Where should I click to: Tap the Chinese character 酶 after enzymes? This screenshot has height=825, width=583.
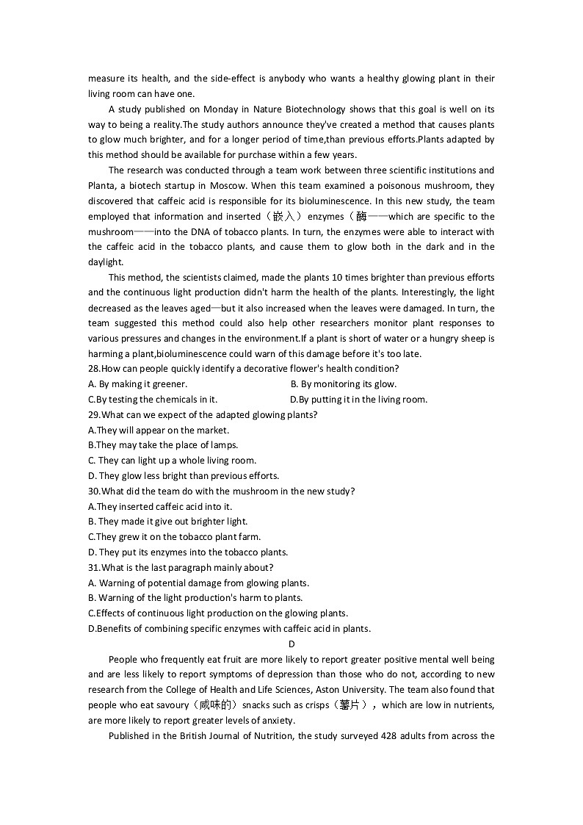[x=361, y=217]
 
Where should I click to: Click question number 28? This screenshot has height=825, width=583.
[x=93, y=369]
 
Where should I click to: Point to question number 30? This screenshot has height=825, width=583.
[x=93, y=491]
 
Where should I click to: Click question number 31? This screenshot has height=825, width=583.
[x=93, y=568]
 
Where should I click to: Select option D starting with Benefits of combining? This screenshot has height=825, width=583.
[x=229, y=629]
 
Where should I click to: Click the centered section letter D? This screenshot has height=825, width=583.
[x=291, y=644]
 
